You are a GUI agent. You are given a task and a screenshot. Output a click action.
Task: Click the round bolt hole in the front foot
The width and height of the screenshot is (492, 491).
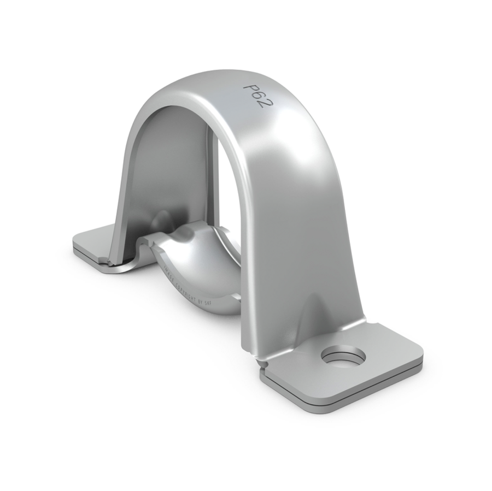[x=343, y=356]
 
